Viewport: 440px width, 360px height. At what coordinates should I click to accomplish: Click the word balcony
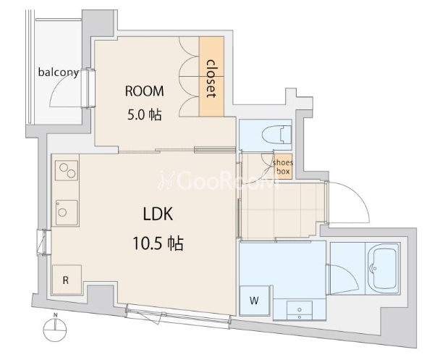coord(59,72)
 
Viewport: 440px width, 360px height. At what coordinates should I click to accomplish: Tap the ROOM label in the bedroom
coord(145,91)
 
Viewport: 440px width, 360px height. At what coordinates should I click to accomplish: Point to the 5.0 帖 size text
coord(145,114)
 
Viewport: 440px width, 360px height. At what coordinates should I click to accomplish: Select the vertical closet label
coord(211,79)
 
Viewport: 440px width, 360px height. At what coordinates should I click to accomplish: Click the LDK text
coord(158,214)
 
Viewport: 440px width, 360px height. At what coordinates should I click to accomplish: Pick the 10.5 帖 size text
coord(158,243)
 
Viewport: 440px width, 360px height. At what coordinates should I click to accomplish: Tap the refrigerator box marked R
coord(67,280)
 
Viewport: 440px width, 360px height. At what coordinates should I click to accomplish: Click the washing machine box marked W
coord(255,301)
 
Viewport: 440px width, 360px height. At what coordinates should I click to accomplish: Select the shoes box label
coord(283,167)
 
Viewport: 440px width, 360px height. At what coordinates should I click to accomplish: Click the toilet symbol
coord(276,135)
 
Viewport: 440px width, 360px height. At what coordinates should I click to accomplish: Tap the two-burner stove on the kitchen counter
coord(67,170)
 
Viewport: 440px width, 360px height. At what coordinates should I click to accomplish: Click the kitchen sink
coord(67,212)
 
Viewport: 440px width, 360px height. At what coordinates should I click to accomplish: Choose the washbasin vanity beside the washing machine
coord(300,310)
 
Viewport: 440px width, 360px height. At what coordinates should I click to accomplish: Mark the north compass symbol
coord(55,328)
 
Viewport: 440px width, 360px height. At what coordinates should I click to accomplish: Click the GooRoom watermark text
coord(219,180)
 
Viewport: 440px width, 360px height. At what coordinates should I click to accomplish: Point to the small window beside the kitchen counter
coord(43,243)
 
